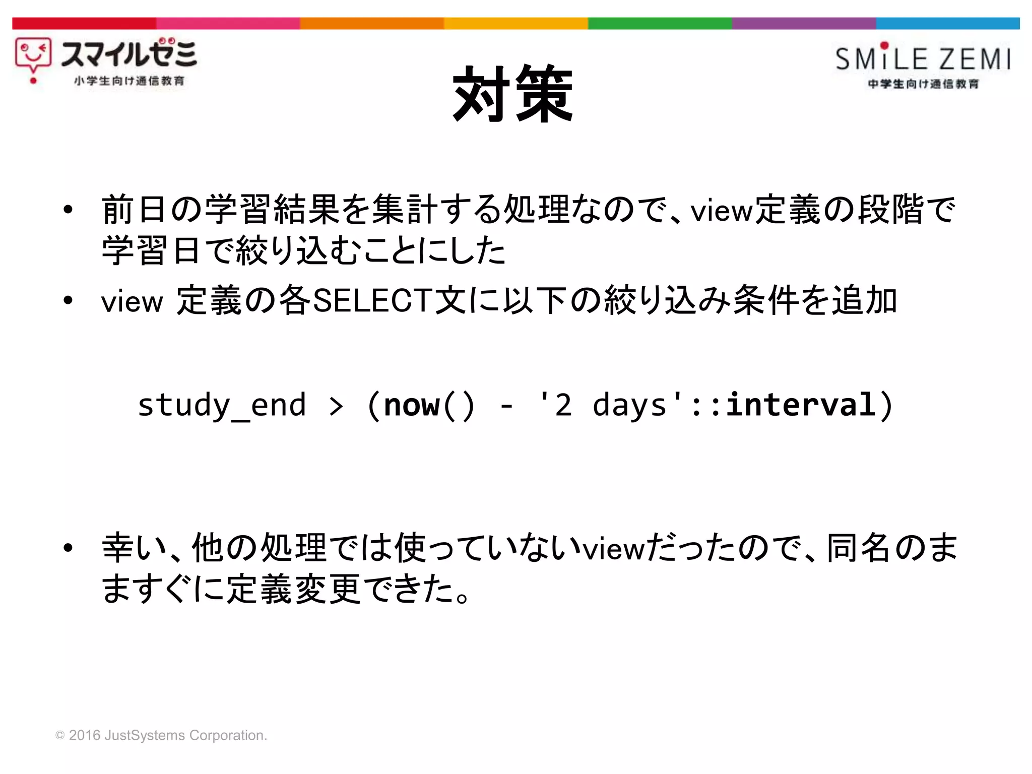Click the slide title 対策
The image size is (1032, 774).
tap(513, 94)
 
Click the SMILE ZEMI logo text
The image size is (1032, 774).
tap(923, 58)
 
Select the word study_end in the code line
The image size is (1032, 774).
tap(222, 405)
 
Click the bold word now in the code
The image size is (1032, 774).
tap(412, 405)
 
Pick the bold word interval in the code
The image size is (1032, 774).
tap(800, 405)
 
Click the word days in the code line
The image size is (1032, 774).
tap(629, 405)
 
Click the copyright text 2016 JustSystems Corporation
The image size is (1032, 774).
tap(161, 735)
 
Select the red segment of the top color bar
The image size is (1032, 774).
tap(84, 23)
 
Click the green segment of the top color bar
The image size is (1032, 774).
tap(660, 23)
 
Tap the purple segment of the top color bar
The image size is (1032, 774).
tap(803, 23)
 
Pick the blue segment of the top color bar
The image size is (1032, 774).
tap(947, 23)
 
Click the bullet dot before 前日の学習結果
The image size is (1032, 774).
tap(68, 210)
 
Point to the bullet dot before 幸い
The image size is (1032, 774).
tap(68, 548)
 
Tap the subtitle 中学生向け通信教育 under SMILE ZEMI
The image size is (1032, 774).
tap(923, 84)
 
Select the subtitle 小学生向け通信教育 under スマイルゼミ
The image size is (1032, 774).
tap(129, 81)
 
